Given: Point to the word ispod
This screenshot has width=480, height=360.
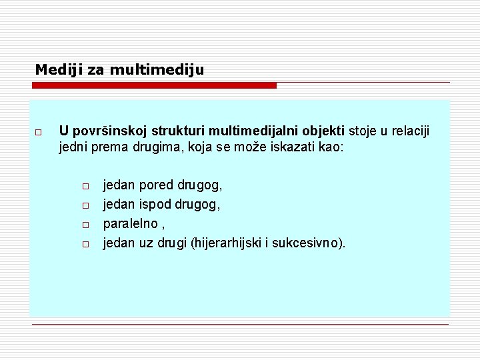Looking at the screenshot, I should tap(155, 203).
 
